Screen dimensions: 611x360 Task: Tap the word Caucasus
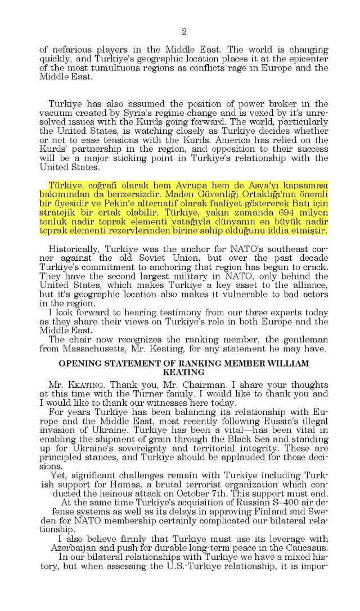[x=304, y=559]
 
